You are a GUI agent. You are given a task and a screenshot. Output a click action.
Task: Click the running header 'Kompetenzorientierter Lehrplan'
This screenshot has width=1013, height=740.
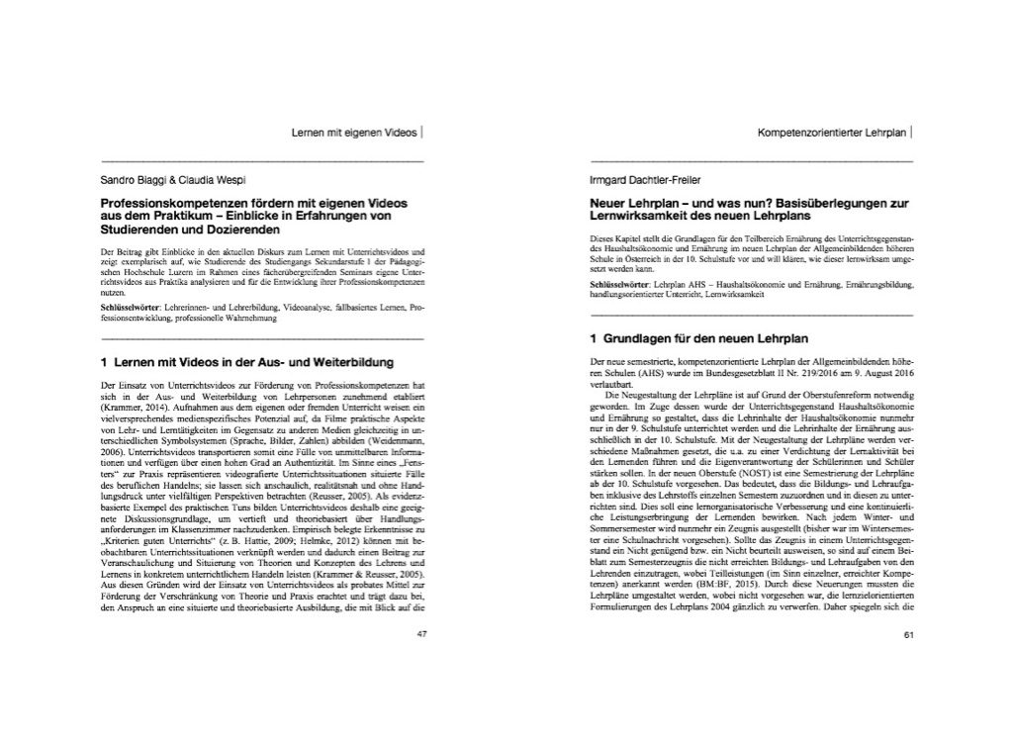click(833, 131)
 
